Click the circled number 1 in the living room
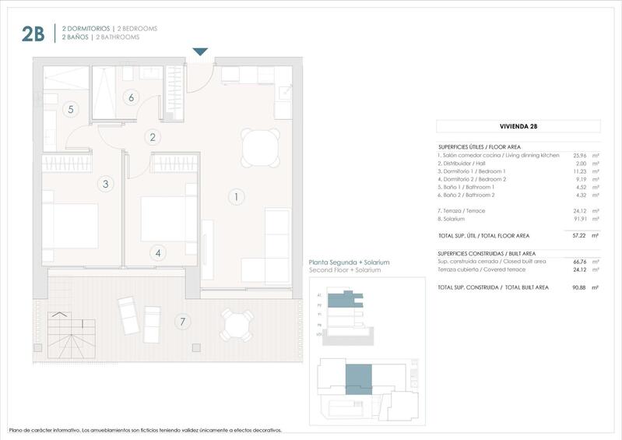click(x=236, y=197)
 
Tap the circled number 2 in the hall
click(x=153, y=137)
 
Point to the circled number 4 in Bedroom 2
click(x=158, y=252)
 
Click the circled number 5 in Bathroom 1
click(x=71, y=109)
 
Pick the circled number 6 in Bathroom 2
click(x=131, y=97)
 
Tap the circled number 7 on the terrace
click(x=182, y=321)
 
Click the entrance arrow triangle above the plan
click(x=200, y=52)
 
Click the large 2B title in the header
click(x=33, y=33)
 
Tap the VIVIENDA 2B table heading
click(x=518, y=126)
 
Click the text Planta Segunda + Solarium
click(x=349, y=262)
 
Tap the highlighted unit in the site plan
click(x=360, y=383)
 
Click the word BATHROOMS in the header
click(x=118, y=37)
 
